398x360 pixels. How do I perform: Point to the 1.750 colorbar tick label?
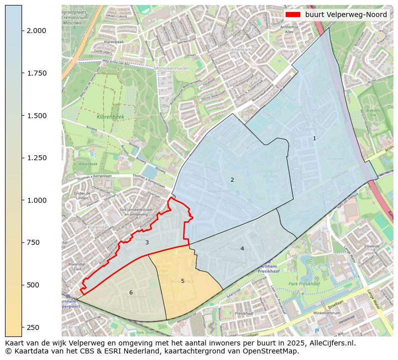pos(37,73)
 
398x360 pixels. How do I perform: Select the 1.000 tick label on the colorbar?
pos(37,200)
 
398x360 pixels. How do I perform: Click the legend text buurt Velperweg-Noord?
pos(346,15)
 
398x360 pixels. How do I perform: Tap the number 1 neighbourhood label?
pos(315,138)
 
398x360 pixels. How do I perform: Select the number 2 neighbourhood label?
pos(232,180)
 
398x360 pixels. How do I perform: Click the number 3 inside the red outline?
pos(147,242)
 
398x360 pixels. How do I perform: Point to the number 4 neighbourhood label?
pos(242,248)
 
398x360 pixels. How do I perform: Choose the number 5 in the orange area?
pos(182,281)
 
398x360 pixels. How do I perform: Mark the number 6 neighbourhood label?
pos(131,292)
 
